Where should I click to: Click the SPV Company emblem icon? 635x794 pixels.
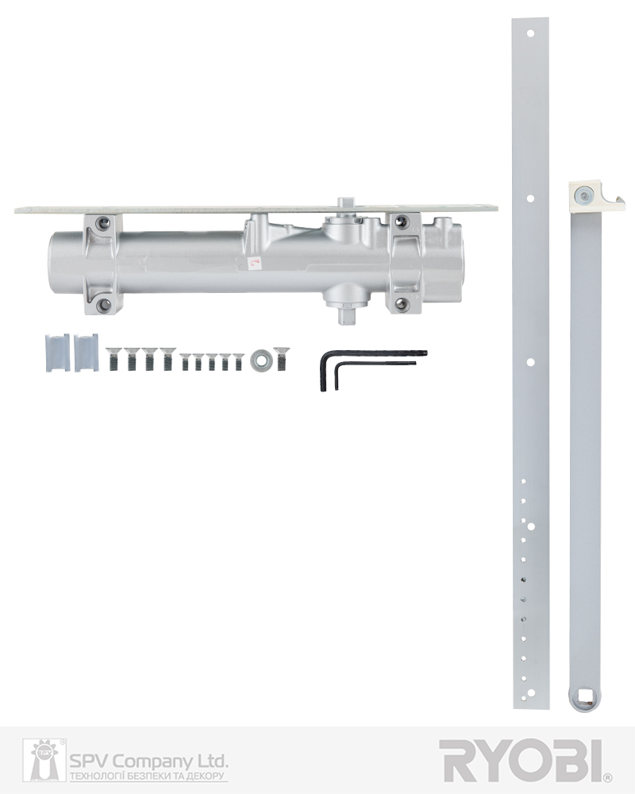[44, 760]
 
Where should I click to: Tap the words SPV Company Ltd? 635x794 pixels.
[148, 761]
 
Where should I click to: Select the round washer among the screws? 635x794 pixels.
[261, 360]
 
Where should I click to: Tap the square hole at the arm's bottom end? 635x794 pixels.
[584, 697]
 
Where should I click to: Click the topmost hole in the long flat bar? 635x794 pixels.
[530, 34]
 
